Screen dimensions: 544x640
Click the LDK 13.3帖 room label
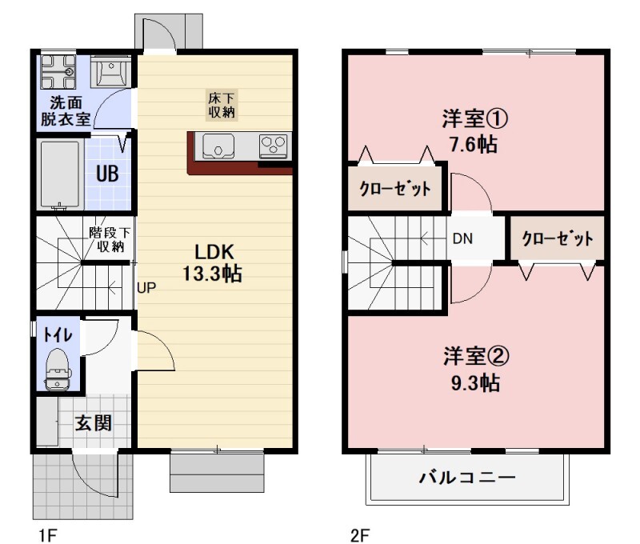212,262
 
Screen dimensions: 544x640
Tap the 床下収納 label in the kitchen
222,106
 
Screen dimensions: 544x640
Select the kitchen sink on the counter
218,146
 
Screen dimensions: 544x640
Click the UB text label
108,174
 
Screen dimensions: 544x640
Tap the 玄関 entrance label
94,423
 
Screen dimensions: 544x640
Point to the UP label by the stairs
146,288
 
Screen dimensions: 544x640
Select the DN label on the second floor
462,238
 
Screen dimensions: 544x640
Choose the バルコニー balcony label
467,478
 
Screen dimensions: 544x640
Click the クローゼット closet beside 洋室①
394,190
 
